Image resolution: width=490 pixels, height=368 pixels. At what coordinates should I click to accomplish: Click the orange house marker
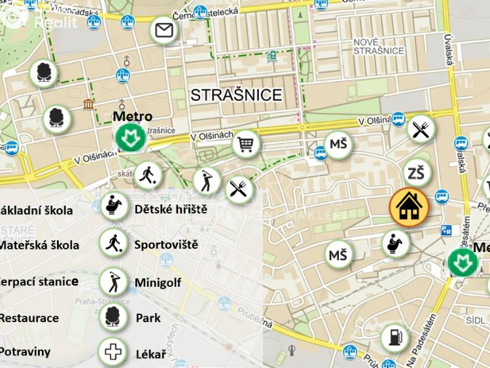pos(409,207)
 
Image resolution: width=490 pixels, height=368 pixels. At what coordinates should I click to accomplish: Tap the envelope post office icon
pos(164,30)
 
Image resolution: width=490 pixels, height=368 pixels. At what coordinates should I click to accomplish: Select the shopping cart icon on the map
pos(246,143)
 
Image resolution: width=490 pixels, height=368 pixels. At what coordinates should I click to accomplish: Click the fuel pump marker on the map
pos(394,337)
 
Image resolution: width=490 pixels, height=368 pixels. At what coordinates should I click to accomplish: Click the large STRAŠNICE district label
pos(236,95)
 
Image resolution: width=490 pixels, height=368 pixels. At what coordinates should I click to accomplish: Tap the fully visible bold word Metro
pos(132,117)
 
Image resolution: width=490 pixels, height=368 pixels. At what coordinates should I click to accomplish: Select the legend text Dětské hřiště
pos(171,210)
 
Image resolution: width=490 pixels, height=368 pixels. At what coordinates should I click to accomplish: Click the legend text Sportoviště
pos(166,245)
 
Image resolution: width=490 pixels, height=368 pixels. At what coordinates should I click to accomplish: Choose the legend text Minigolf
pos(158,283)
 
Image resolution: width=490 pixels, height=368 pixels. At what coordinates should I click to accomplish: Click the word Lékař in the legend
pos(150,354)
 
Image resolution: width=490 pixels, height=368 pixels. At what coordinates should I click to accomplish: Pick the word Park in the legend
pos(148,318)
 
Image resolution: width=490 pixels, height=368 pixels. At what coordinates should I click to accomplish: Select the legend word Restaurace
pos(29,318)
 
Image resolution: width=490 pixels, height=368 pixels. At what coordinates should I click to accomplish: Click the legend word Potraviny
pos(25,352)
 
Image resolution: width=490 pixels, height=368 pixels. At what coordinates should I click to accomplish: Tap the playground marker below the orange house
pos(395,244)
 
